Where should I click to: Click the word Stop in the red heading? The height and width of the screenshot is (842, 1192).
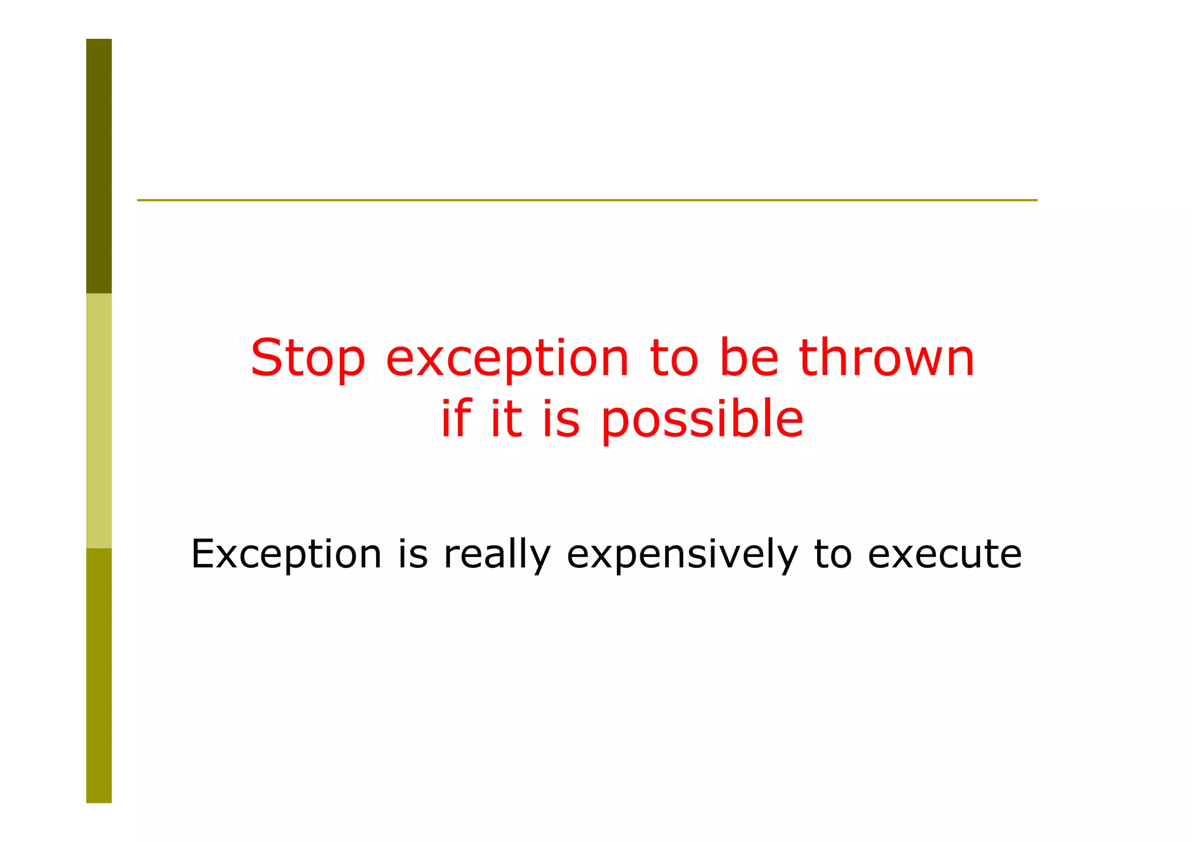point(307,359)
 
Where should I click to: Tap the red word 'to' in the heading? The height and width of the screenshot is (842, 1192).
point(673,358)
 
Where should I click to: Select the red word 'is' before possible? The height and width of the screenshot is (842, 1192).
point(561,419)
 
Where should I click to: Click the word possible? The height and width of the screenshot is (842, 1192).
point(702,420)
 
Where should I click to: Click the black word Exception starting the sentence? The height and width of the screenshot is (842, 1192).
point(286,554)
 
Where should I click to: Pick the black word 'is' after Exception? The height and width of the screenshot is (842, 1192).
point(413,553)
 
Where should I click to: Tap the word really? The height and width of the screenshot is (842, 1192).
point(496,555)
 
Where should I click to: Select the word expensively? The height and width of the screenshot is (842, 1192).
point(682,555)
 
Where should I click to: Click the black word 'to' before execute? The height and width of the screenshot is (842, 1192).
point(832,554)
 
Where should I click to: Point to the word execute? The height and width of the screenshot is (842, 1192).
point(944,554)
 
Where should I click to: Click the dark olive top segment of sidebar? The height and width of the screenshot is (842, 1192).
point(99,166)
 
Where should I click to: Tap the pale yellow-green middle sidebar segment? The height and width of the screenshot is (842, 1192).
point(99,420)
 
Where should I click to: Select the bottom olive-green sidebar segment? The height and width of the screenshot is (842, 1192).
point(99,675)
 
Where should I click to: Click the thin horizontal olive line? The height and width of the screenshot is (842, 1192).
point(587,200)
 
